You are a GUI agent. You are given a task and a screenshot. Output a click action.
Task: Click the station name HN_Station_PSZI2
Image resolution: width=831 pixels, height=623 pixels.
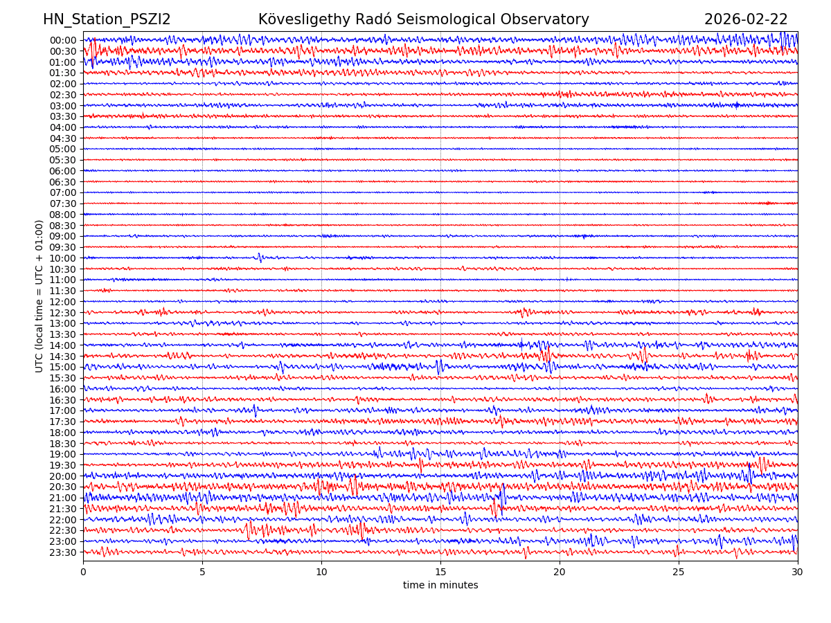pyautogui.click(x=107, y=20)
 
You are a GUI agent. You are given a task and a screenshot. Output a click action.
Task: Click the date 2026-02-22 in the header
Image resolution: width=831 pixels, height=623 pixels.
pyautogui.click(x=746, y=20)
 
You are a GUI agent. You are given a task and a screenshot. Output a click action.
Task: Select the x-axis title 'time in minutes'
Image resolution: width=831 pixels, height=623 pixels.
pyautogui.click(x=440, y=586)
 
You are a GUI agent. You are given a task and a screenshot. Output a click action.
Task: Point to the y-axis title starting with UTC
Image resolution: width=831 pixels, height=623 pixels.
pyautogui.click(x=39, y=296)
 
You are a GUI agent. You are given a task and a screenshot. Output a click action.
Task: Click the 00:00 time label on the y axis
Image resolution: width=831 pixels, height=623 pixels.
pyautogui.click(x=63, y=40)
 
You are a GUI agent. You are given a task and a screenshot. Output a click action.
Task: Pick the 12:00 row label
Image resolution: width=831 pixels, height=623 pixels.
pyautogui.click(x=63, y=302)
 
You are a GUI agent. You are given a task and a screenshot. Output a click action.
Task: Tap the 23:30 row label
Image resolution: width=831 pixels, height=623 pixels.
pyautogui.click(x=63, y=552)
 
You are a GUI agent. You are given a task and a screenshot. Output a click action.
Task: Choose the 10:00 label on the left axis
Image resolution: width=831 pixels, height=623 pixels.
pyautogui.click(x=63, y=258)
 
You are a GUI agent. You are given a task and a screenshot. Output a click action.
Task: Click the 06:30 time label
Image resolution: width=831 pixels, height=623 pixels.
pyautogui.click(x=63, y=182)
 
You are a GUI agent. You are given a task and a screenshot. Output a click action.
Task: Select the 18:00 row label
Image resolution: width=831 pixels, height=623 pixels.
pyautogui.click(x=63, y=433)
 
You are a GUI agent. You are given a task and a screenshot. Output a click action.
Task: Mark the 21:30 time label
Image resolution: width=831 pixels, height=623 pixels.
pyautogui.click(x=63, y=509)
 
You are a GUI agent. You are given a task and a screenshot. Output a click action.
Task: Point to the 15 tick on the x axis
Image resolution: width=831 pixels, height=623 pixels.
pyautogui.click(x=440, y=572)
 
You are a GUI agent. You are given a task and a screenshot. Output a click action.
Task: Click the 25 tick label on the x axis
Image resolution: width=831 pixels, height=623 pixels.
pyautogui.click(x=679, y=572)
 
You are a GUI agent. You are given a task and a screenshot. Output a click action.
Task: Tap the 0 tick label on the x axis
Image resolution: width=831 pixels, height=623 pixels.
pyautogui.click(x=83, y=572)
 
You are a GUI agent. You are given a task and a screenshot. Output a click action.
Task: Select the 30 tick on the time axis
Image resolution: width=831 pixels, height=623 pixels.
pyautogui.click(x=798, y=572)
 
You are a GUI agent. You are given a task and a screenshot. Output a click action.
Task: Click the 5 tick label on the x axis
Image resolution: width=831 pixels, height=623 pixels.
pyautogui.click(x=202, y=572)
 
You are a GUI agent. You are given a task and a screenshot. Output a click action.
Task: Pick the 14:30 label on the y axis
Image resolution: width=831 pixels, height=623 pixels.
pyautogui.click(x=63, y=356)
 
